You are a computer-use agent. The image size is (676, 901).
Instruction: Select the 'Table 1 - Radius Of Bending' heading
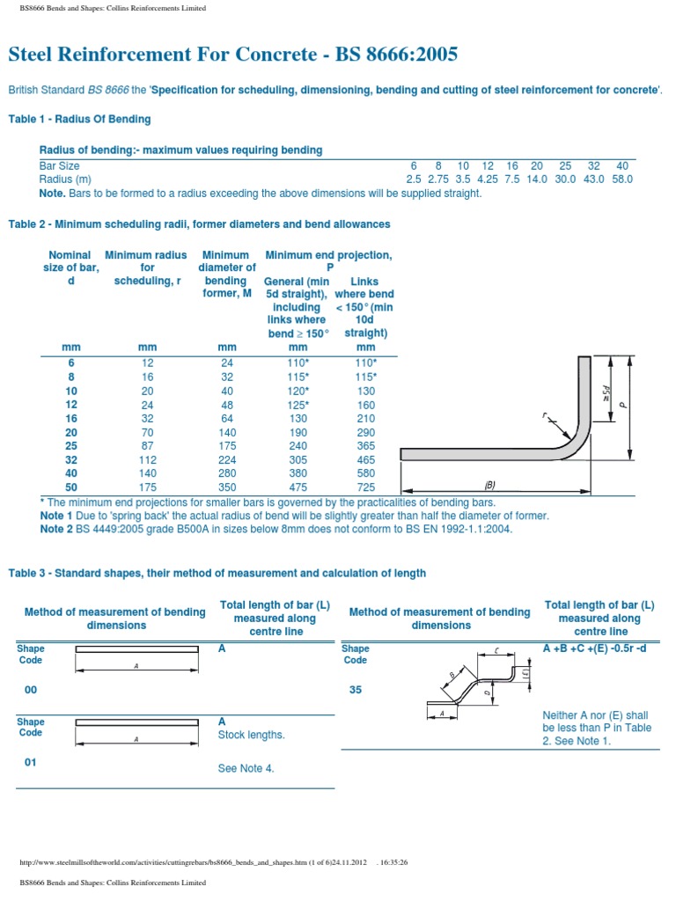[79, 119]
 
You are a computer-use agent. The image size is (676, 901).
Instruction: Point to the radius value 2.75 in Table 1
[438, 179]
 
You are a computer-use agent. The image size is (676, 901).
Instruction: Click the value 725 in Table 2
[364, 487]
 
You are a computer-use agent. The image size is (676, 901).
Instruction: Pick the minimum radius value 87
[147, 445]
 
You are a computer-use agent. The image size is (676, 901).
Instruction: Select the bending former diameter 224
[226, 459]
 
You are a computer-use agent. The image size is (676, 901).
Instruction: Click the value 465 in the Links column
[364, 459]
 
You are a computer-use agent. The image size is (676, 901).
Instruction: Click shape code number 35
[356, 690]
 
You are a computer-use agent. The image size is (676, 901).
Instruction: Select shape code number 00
[31, 690]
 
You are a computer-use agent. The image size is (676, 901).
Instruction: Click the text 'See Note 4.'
[246, 768]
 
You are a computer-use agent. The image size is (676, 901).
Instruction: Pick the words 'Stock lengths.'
[251, 734]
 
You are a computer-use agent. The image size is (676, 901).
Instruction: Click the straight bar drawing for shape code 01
[136, 722]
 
